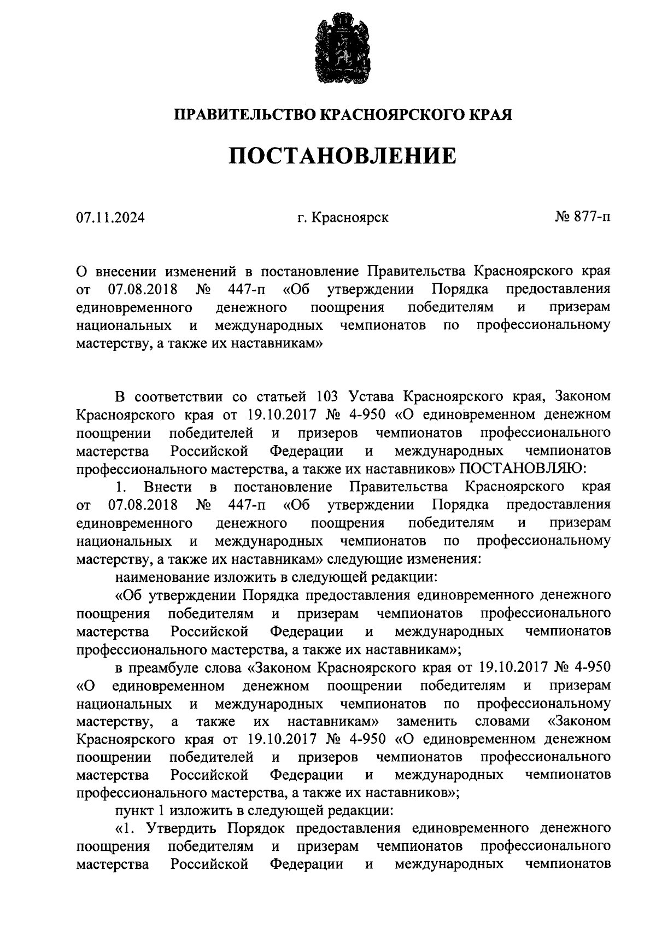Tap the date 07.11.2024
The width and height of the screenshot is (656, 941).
(x=110, y=218)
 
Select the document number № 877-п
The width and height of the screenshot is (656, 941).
(x=583, y=217)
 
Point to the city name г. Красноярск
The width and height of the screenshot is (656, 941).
(x=343, y=218)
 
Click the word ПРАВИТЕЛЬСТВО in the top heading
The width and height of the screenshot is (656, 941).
(x=244, y=115)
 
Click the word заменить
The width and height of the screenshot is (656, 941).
(x=427, y=721)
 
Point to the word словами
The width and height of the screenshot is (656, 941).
(x=502, y=721)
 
